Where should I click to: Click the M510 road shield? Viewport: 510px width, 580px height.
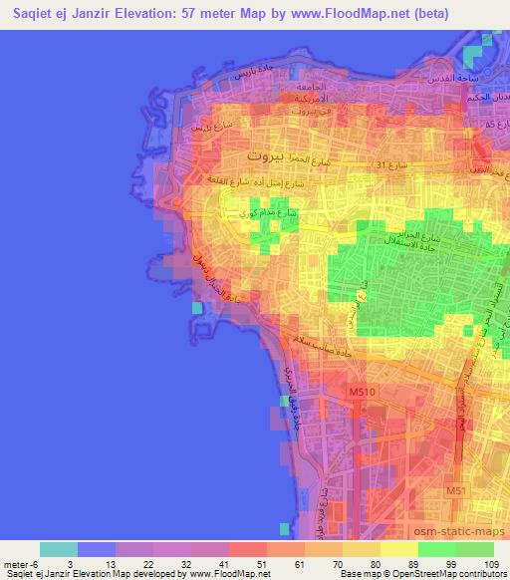point(362,395)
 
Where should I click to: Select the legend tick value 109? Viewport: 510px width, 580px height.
point(492,565)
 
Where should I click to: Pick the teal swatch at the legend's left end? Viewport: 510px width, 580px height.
point(59,549)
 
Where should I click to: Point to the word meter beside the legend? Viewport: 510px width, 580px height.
point(19,565)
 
